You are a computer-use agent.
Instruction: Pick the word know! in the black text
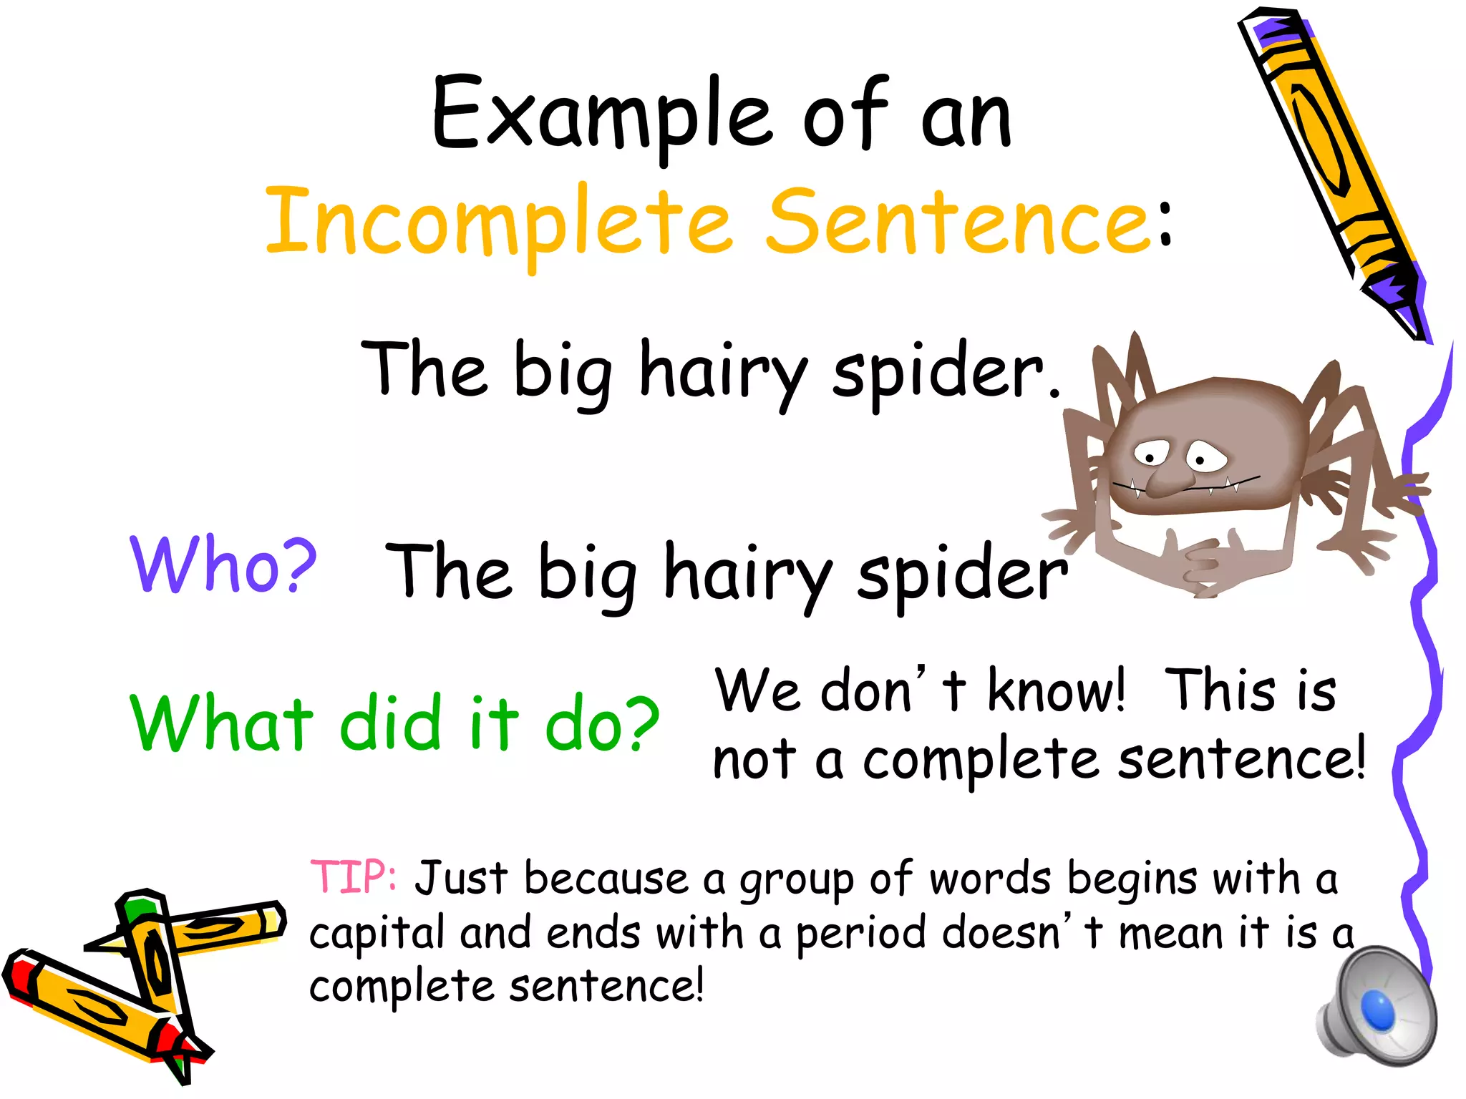coord(1056,691)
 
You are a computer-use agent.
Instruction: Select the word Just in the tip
coord(462,879)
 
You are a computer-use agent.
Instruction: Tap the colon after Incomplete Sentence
coord(1165,225)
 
